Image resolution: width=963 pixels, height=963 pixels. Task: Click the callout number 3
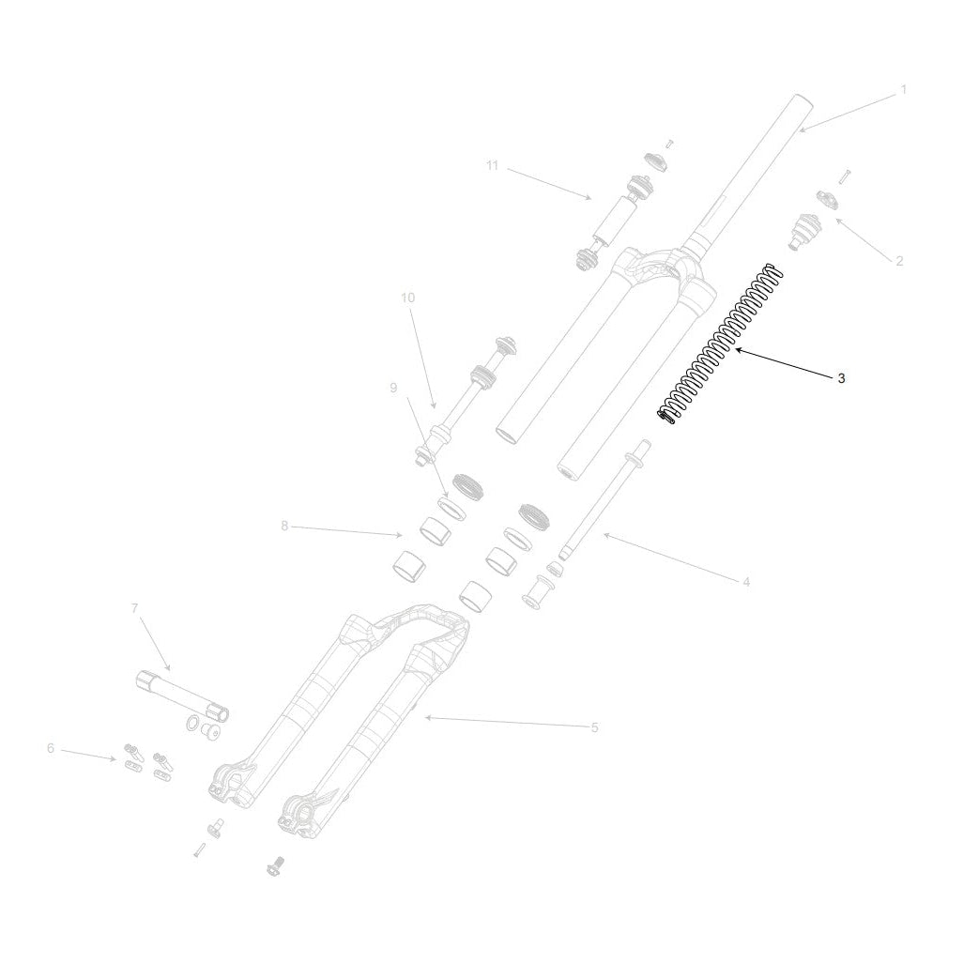[x=841, y=378]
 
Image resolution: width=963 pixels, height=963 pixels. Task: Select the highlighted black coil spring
[x=720, y=344]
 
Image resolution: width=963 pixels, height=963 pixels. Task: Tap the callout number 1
[x=904, y=90]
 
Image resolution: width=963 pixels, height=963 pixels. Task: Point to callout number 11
[x=492, y=166]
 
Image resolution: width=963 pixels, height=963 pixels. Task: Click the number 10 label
[x=407, y=298]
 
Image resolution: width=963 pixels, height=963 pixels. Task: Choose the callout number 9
[x=393, y=389]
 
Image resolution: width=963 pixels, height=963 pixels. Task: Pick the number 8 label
[x=284, y=527]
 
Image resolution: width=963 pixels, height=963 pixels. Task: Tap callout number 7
[x=135, y=608]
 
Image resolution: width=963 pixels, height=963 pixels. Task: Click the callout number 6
[x=51, y=749]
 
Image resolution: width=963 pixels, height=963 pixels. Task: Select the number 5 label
[x=594, y=727]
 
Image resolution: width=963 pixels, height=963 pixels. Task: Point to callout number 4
[x=746, y=582]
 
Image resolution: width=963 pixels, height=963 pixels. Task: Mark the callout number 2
[x=899, y=262]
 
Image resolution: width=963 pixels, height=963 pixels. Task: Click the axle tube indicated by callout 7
[x=182, y=697]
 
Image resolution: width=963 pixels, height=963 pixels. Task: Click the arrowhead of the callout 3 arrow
[x=738, y=350]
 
